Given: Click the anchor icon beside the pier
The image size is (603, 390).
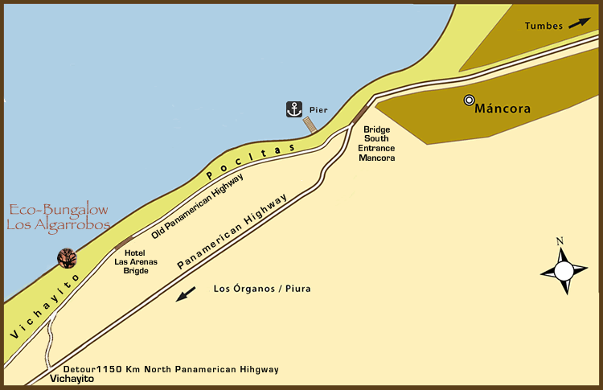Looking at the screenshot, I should [x=294, y=109].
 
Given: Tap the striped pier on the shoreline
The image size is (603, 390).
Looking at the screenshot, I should [x=310, y=125].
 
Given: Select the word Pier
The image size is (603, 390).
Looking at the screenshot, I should [x=318, y=109].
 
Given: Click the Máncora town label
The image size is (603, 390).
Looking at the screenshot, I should [x=503, y=109].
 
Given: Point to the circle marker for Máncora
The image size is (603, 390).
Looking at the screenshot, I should [x=469, y=101].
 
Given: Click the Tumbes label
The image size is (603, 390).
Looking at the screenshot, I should [x=544, y=26].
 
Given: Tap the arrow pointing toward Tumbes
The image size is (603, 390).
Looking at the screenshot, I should [x=579, y=23].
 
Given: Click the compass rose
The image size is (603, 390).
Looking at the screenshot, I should [x=564, y=271].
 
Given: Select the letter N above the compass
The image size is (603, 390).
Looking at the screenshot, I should [x=560, y=241].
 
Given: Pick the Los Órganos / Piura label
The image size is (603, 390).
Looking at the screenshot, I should [x=262, y=289].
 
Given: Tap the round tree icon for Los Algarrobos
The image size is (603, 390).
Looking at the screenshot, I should [x=67, y=257].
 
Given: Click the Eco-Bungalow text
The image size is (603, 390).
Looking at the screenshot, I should [x=58, y=211].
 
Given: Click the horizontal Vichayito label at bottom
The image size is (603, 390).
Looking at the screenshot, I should [x=72, y=379].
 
